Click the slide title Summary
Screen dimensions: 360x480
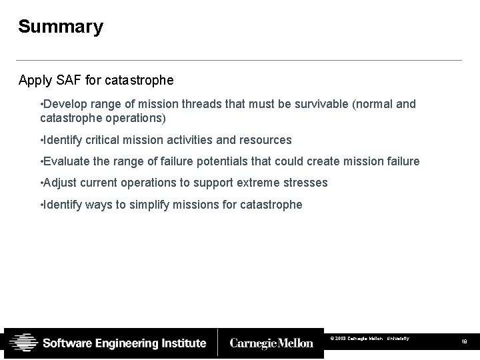[x=61, y=27]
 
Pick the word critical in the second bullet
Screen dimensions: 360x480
[x=105, y=140]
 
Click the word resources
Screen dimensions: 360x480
[x=267, y=140]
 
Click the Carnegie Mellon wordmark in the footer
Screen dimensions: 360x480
[x=271, y=343]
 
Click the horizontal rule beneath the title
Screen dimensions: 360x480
[x=240, y=61]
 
